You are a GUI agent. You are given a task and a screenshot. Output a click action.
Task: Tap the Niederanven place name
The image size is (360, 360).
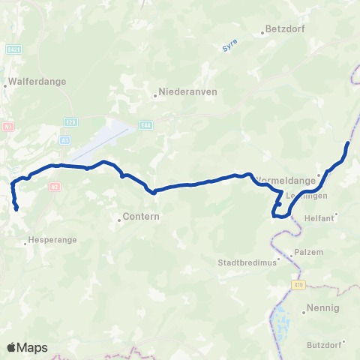point(179,94)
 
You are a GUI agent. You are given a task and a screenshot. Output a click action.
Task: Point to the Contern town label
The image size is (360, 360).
point(135,220)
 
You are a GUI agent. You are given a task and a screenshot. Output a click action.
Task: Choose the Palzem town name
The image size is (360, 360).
point(308,252)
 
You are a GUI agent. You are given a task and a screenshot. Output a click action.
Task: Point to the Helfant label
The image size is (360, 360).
point(317,218)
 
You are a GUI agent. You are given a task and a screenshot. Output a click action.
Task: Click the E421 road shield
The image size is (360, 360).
point(11,49)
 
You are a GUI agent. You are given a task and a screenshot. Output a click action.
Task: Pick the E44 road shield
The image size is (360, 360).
point(145,124)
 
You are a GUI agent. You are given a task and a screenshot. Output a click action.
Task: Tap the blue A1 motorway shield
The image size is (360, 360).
point(65,139)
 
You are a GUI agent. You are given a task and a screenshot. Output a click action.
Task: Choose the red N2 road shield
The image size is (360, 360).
point(54,185)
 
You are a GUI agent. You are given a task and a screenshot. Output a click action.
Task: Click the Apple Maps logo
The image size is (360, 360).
point(26,347)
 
